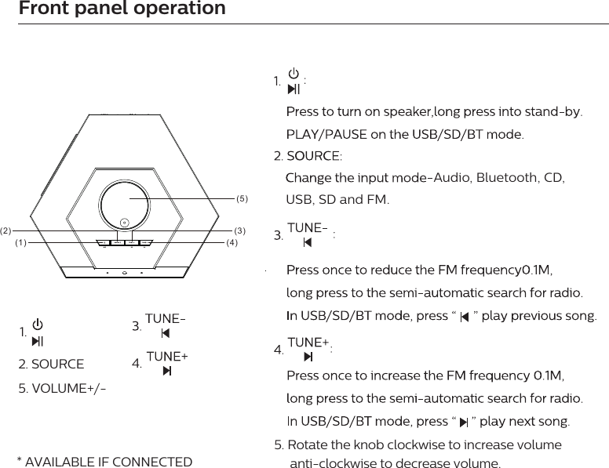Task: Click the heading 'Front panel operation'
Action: point(122,9)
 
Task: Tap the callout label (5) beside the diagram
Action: point(242,198)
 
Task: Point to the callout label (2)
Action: point(6,231)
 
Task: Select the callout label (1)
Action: point(20,243)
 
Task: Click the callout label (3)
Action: point(241,231)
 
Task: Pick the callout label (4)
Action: point(232,243)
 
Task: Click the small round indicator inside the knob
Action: point(124,222)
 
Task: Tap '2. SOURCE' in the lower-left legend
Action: point(51,365)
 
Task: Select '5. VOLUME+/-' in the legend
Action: point(63,389)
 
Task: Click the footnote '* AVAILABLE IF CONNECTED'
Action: point(104,462)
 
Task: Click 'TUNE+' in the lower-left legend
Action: point(167,357)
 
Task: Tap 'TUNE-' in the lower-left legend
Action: point(166,320)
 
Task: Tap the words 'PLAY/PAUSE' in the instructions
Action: point(321,134)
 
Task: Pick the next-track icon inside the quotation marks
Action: point(464,423)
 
